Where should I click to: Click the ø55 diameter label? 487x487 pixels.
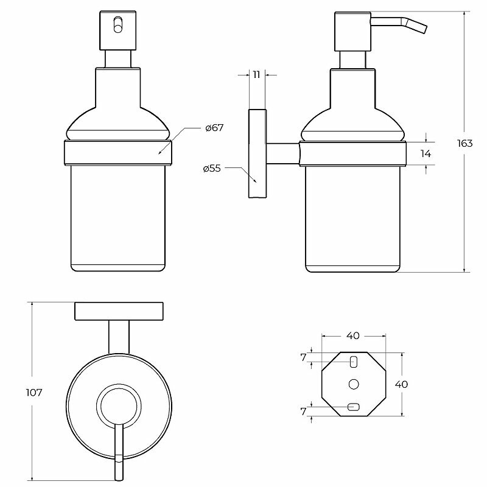[211, 169]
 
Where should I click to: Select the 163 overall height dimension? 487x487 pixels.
[464, 144]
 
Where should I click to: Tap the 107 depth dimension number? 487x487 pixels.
[34, 393]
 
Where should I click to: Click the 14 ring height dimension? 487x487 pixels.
[426, 153]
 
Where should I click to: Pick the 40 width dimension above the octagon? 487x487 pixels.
[353, 335]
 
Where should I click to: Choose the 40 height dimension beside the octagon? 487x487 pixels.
[401, 384]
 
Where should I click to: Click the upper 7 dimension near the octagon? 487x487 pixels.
[304, 357]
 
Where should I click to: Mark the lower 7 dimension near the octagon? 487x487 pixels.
[304, 412]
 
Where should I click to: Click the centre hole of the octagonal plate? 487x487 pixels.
[353, 384]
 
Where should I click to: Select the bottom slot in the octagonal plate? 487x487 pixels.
[353, 407]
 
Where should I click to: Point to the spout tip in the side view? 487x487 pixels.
[422, 29]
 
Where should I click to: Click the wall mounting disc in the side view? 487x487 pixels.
[256, 153]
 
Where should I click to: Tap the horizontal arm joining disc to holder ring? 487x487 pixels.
[282, 153]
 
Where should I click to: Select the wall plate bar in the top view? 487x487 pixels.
[119, 311]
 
